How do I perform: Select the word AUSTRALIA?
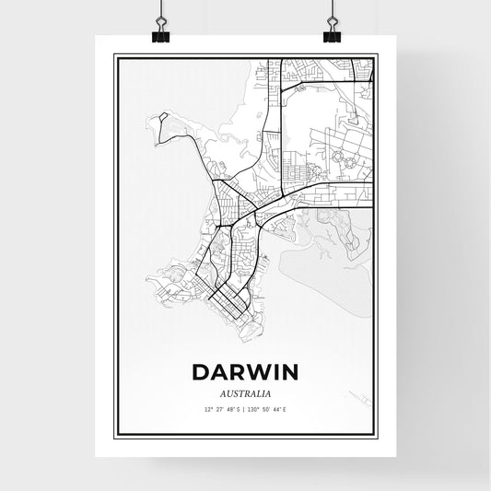pyautogui.click(x=245, y=391)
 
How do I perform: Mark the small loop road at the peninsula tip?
pyautogui.click(x=162, y=119)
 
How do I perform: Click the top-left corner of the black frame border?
pyautogui.click(x=114, y=56)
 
